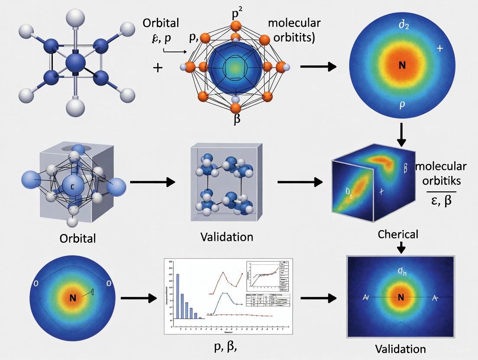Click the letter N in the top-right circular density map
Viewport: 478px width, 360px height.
point(402,66)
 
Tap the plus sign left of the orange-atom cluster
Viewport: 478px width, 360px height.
point(158,67)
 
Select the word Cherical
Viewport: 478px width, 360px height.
point(398,234)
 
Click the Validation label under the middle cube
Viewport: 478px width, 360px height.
point(227,237)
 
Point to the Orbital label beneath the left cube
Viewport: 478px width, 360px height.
point(78,238)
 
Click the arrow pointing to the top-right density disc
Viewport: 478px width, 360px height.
point(318,67)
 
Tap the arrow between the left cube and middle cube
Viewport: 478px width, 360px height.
point(152,182)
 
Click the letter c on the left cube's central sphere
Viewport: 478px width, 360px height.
point(73,186)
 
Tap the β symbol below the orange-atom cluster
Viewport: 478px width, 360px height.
point(237,118)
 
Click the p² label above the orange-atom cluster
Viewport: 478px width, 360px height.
point(237,13)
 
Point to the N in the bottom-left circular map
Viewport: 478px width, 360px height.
point(72,298)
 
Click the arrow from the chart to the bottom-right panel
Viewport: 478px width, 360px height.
point(318,298)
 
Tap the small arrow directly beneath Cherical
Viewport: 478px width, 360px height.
point(401,247)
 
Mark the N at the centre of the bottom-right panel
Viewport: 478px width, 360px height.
point(400,297)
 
